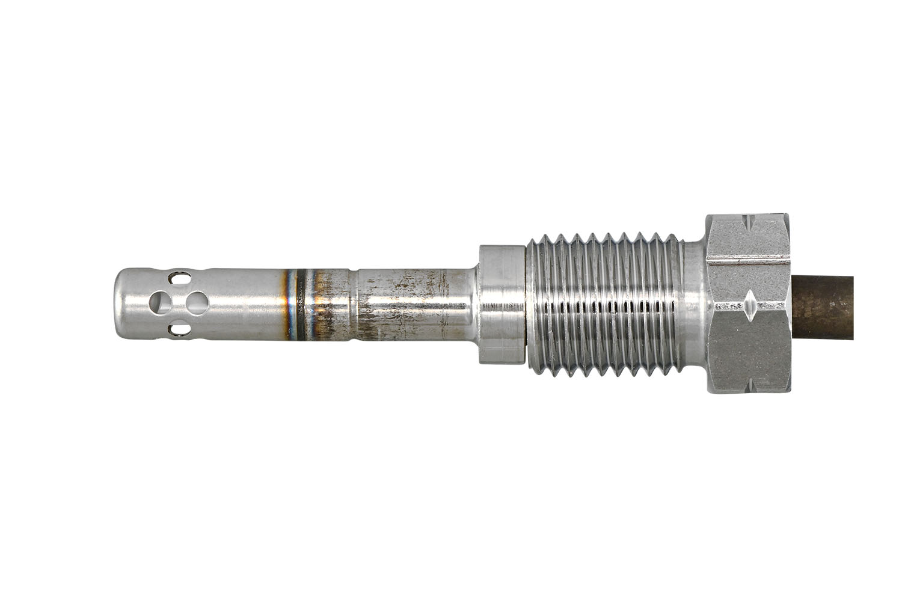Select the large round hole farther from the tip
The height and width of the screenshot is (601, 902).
tap(196, 302)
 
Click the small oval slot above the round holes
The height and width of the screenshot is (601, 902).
tap(179, 278)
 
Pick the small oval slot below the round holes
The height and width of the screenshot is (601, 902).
tap(179, 329)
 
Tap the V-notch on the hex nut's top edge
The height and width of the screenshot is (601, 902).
tap(747, 221)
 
